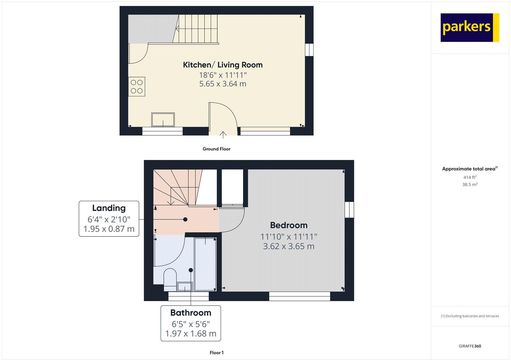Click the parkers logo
pos(469,27)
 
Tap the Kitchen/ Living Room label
pos(223,65)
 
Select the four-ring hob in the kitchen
pos(137,86)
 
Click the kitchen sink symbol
pos(163,120)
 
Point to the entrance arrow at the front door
pos(223,134)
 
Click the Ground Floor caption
pos(216,149)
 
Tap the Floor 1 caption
pos(217,353)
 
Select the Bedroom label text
pos(289,225)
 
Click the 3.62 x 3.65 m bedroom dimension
pos(289,246)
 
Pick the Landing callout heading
pos(109,208)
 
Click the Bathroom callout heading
pos(191,312)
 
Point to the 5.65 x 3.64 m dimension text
pos(223,84)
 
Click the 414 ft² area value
pos(470,177)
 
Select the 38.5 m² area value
pos(470,184)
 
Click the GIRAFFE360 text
pos(470,346)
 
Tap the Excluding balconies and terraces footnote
pos(470,316)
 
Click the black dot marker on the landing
pos(185,220)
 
